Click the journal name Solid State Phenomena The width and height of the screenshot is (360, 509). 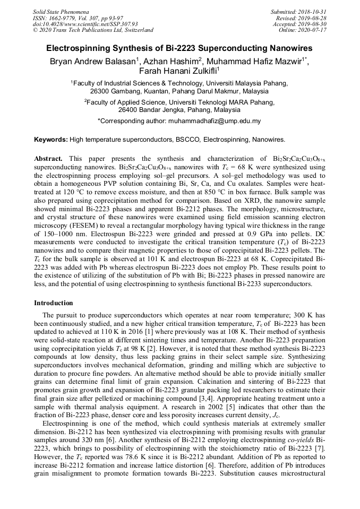tap(61, 11)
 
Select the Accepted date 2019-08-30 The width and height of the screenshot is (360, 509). tap(314, 24)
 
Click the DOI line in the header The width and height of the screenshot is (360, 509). tap(85, 24)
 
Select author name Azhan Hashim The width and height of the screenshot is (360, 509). tap(172, 61)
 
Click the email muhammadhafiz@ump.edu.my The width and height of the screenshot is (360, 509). tap(213, 121)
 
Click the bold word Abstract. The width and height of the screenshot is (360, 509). tap(48, 159)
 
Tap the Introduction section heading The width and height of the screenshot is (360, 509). tap(54, 303)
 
